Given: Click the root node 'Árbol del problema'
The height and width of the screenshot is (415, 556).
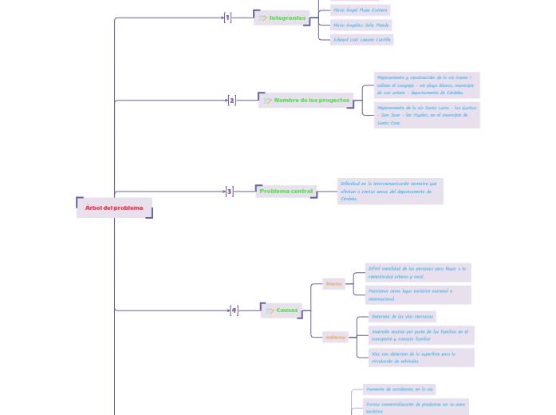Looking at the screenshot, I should coord(114,208).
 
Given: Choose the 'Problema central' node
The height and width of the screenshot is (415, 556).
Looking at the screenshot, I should coord(286,192).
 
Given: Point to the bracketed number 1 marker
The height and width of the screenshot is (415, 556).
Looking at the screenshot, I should coord(227,18).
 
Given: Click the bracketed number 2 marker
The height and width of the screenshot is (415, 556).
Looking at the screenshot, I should coord(232,101).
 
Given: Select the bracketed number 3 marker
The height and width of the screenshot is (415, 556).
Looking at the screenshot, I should coord(229,192).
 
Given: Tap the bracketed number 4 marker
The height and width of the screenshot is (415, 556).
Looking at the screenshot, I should coord(234,310).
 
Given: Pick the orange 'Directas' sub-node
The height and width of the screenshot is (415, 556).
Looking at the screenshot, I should coord(333,283).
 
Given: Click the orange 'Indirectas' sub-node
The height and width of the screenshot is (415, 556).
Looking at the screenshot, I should coord(335,337).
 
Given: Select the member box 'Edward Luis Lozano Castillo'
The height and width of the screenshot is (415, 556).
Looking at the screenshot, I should coord(362,39).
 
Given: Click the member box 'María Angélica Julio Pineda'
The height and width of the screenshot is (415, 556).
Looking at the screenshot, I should coord(361,25).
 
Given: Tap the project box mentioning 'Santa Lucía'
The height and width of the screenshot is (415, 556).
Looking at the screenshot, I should coord(427,115).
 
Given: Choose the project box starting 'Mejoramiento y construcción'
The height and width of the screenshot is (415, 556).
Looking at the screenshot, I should coord(427,85).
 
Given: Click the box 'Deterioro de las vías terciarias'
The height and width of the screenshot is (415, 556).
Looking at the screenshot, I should coord(402,317).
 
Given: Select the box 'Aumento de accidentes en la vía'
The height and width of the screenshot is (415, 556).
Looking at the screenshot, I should coord(399,389).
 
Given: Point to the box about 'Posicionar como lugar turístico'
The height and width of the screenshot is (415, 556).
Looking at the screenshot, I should coord(418,294).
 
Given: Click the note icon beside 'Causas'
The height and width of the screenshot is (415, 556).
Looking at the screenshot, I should coord(270,311).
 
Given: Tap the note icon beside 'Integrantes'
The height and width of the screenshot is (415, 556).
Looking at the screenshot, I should coord(263,18).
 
